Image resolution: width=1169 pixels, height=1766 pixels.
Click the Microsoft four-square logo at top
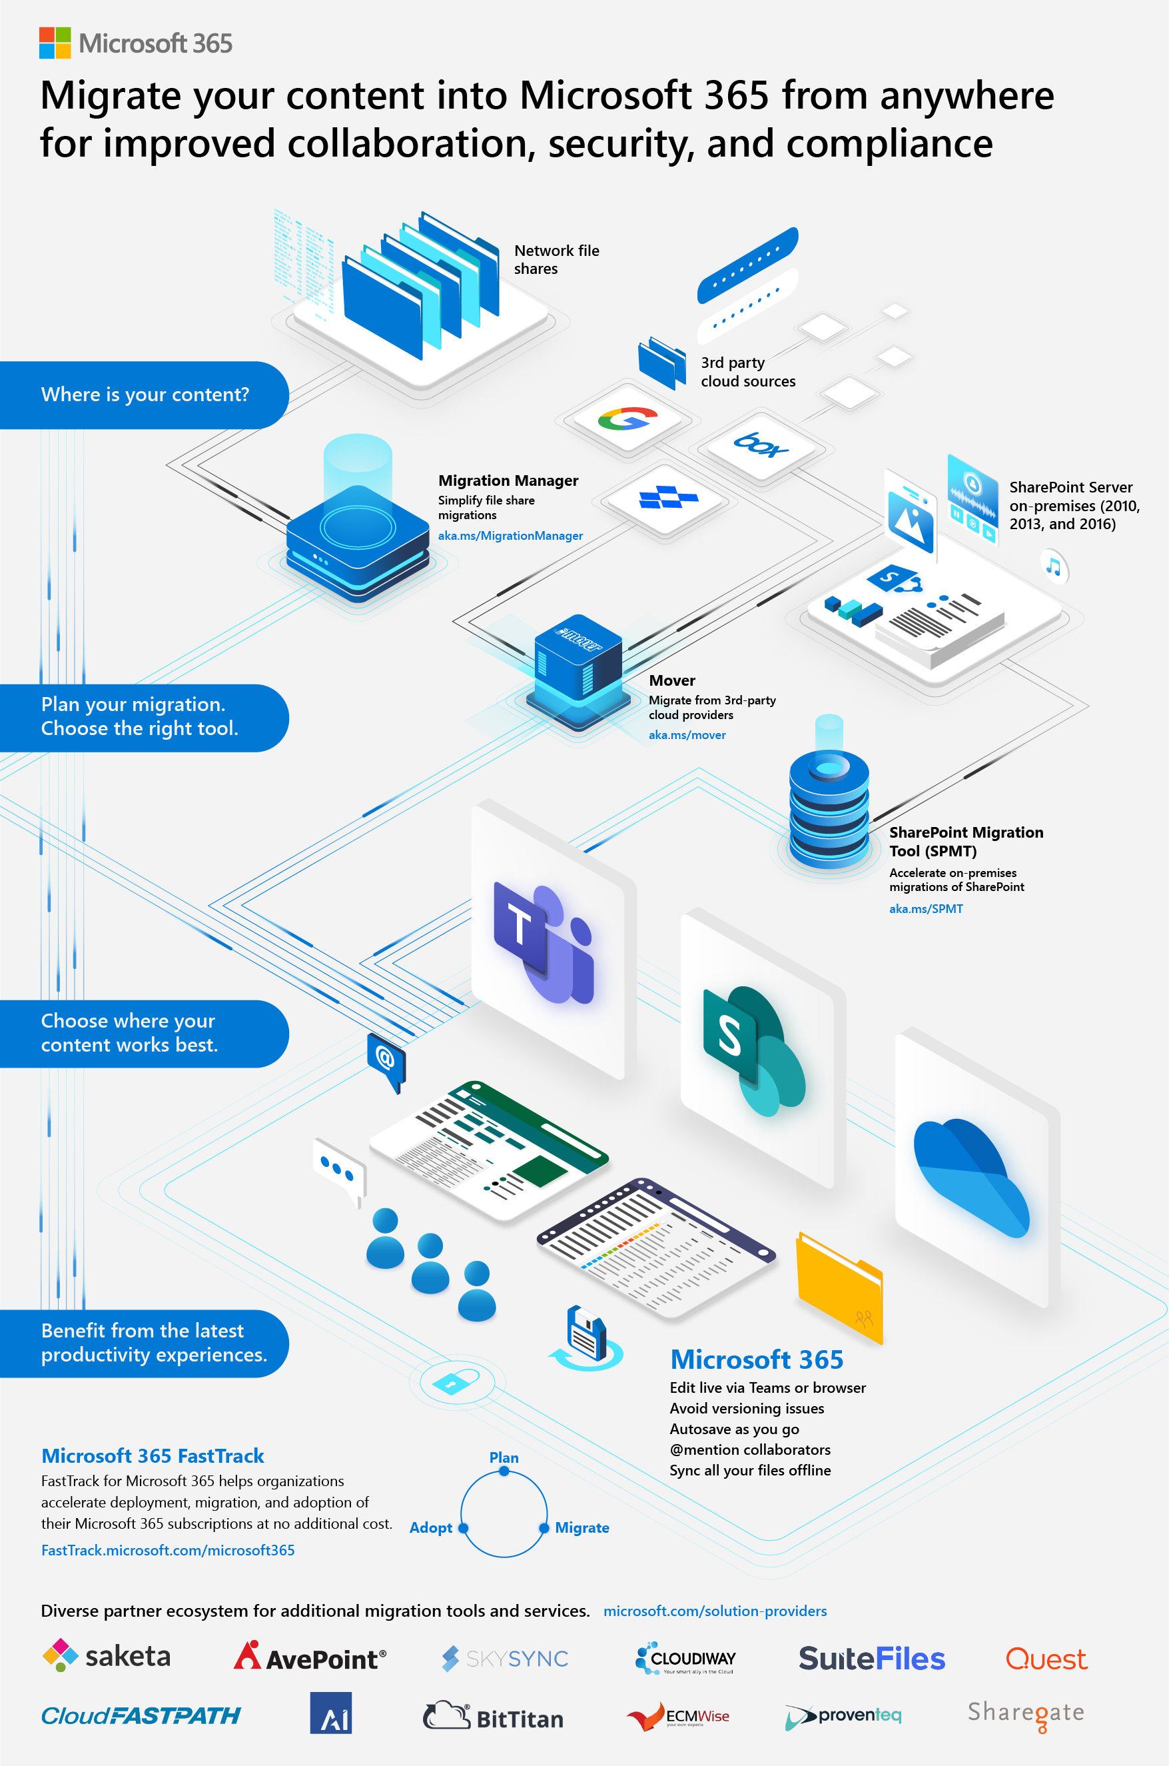click(x=55, y=43)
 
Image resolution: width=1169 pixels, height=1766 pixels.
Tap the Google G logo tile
click(x=627, y=419)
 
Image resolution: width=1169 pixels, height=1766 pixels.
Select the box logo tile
click(x=761, y=445)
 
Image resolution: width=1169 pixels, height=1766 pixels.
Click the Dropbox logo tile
click(x=668, y=497)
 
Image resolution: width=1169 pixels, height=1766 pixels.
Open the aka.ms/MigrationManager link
click(x=510, y=536)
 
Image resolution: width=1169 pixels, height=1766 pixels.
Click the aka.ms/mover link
click(x=687, y=734)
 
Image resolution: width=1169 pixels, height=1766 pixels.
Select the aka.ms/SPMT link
click(x=925, y=908)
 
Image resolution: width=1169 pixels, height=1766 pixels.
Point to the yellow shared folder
click(x=839, y=1286)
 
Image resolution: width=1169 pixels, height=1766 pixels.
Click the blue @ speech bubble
click(x=386, y=1058)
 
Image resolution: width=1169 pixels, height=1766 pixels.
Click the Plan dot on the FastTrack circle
click(x=504, y=1471)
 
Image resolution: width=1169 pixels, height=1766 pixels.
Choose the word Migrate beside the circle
click(x=582, y=1527)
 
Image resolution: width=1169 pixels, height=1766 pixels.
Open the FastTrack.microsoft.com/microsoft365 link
click(x=168, y=1549)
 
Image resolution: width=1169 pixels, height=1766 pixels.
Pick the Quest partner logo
click(x=1045, y=1659)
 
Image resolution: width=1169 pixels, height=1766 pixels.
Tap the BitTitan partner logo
click(x=493, y=1716)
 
